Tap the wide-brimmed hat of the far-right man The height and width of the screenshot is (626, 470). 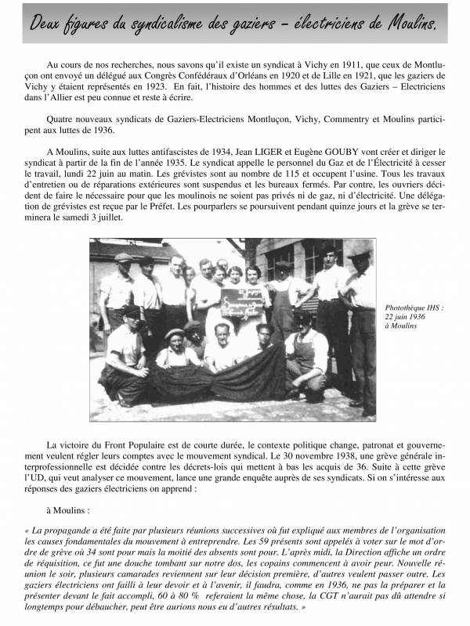tap(359, 254)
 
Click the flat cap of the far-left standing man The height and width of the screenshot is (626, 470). tap(123, 257)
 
